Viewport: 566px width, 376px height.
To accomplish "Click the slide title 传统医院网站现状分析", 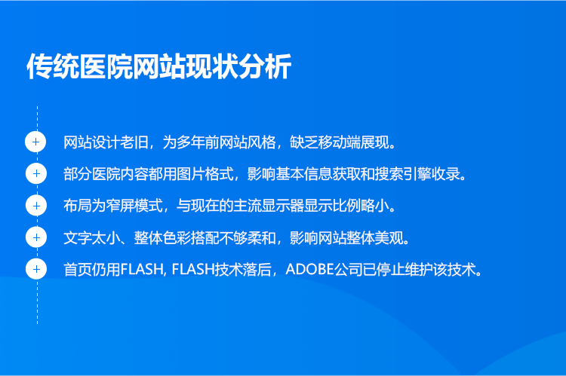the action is pyautogui.click(x=158, y=66).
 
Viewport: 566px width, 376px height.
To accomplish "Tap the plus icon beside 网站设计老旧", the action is pyautogui.click(x=35, y=142).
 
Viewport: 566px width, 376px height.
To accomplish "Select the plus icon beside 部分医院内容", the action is pyautogui.click(x=36, y=173).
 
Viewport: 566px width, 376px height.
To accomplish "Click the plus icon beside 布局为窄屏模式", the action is pyautogui.click(x=36, y=206).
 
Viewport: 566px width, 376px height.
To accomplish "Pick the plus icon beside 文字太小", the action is pyautogui.click(x=36, y=237).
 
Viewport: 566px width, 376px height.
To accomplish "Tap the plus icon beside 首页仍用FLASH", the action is pyautogui.click(x=36, y=269).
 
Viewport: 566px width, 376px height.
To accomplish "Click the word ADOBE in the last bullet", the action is pyautogui.click(x=309, y=269).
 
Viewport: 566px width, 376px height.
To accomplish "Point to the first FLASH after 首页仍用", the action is pyautogui.click(x=142, y=269).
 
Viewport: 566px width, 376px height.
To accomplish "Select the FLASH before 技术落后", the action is pyautogui.click(x=193, y=269).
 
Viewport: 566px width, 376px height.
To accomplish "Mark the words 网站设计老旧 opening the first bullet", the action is pyautogui.click(x=106, y=142).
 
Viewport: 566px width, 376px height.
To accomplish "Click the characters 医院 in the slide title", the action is pyautogui.click(x=106, y=66).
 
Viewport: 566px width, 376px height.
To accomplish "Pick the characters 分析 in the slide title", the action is pyautogui.click(x=265, y=66).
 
